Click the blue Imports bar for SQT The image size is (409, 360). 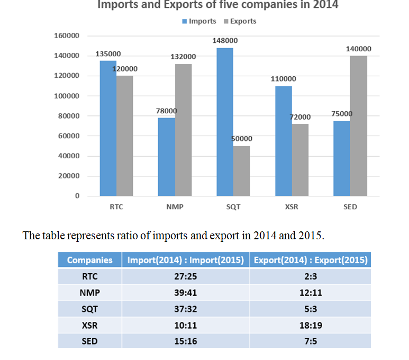pos(225,122)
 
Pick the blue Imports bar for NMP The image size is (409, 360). pos(167,157)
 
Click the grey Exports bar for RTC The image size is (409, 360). pos(125,136)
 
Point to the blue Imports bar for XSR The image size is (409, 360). pos(284,141)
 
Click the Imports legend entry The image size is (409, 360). pos(199,21)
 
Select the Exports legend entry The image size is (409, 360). pos(240,21)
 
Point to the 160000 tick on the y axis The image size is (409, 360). pos(67,35)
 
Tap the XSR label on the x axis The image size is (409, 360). pos(292,207)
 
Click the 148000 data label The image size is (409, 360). pos(225,41)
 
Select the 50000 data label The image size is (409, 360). pos(242,139)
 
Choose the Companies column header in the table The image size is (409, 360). pos(90,260)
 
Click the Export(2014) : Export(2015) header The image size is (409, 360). pos(311,260)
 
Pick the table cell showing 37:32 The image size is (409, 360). pos(185,309)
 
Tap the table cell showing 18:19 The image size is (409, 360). pos(311,325)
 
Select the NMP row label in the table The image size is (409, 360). pos(90,292)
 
